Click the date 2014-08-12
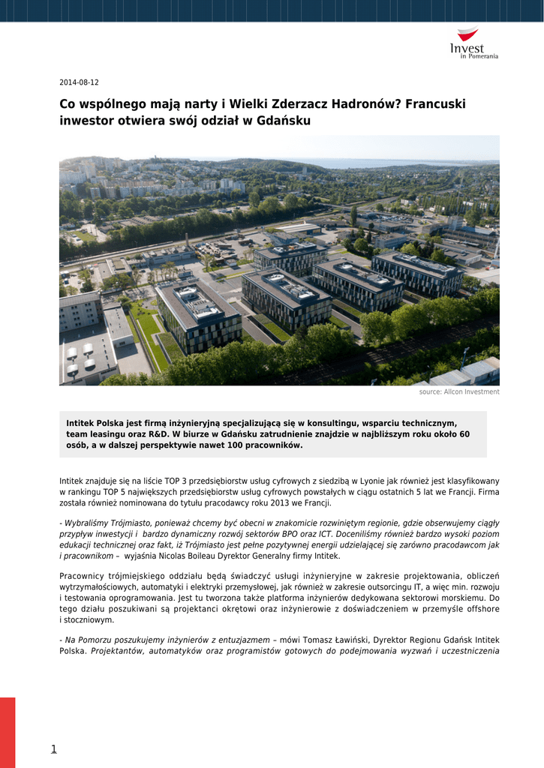[79, 82]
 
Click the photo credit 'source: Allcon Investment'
[458, 392]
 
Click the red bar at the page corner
[8, 732]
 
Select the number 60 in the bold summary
[464, 434]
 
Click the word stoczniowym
[89, 620]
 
